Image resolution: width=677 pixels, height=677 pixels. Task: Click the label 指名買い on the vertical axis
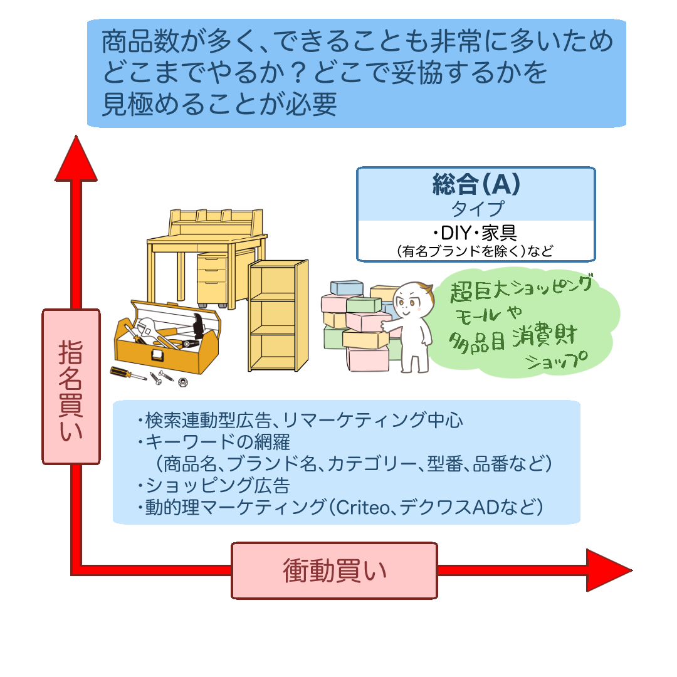coord(71,387)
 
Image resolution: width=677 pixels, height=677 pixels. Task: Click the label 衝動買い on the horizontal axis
coord(334,570)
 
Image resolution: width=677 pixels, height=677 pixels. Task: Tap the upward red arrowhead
coord(76,160)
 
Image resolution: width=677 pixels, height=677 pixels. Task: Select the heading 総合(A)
coord(476,184)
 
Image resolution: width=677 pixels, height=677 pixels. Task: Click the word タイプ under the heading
coord(476,207)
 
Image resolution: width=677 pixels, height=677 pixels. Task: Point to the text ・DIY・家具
coord(476,233)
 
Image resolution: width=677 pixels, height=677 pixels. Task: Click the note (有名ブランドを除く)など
coord(476,251)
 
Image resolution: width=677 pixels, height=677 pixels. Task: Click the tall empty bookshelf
coord(278,317)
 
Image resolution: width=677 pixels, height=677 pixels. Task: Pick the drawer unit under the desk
coord(212,279)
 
